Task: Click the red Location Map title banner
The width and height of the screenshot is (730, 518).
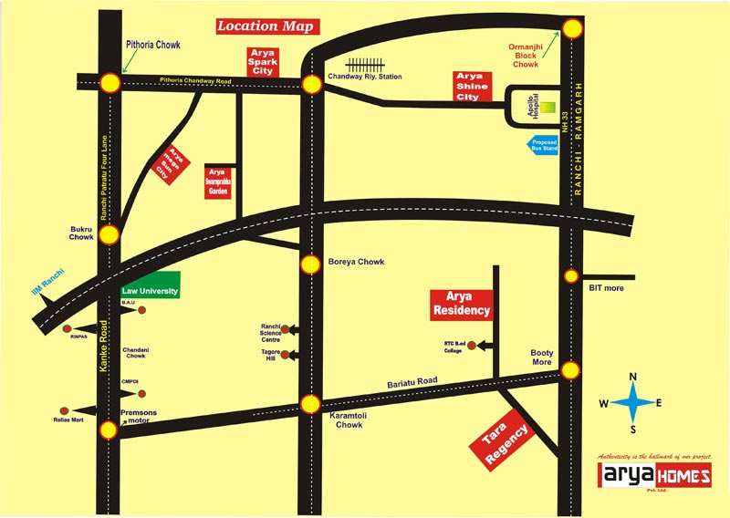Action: tap(266, 26)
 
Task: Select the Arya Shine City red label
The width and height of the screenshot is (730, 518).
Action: tap(473, 86)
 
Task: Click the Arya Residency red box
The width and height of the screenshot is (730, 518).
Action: tap(461, 305)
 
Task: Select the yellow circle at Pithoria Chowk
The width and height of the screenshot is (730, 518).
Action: tap(109, 83)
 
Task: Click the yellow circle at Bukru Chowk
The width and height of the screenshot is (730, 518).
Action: tap(109, 234)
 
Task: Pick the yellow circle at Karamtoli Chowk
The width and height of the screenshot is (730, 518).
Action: tap(311, 403)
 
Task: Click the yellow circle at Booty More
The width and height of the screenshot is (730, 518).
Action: tap(571, 369)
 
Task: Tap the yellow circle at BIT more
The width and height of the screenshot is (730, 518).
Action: tap(571, 275)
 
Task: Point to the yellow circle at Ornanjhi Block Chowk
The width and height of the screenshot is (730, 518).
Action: tap(572, 28)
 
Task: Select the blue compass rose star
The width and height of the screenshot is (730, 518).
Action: tap(631, 402)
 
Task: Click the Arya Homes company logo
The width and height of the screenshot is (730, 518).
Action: tap(641, 477)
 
